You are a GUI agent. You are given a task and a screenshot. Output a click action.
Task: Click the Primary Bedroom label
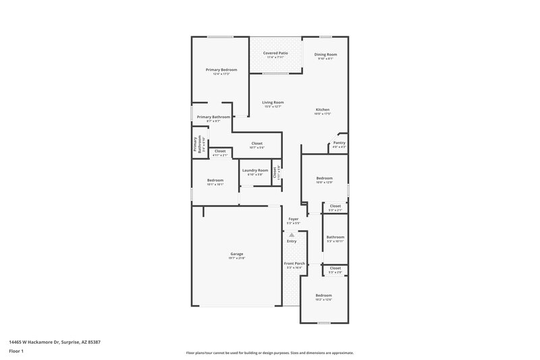[x=221, y=70]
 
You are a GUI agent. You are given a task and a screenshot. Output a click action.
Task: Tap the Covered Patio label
[x=275, y=53]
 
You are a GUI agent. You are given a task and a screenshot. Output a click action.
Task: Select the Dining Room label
[x=326, y=54]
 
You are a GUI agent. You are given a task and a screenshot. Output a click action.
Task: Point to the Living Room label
[x=273, y=102]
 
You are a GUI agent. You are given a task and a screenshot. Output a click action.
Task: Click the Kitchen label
[x=323, y=109]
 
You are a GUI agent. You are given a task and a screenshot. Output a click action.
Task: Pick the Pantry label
[x=339, y=143]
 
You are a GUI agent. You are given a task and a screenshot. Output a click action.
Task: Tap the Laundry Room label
[x=255, y=170]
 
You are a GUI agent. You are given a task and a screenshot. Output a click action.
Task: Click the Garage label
[x=236, y=254]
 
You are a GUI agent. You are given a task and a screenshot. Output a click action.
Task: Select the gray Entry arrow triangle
[x=292, y=234]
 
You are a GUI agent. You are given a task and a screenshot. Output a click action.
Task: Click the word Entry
[x=292, y=241]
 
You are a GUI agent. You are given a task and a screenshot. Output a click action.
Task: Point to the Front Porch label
[x=294, y=263]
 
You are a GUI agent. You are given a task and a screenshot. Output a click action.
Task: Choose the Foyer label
[x=293, y=219]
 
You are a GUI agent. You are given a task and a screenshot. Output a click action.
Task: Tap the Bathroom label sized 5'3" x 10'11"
[x=335, y=237]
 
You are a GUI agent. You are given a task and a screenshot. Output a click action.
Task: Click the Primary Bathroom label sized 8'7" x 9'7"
[x=213, y=117]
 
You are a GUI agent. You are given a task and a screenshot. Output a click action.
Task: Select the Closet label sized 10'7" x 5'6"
[x=256, y=143]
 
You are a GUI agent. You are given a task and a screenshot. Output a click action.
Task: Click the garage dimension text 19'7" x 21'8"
[x=236, y=259]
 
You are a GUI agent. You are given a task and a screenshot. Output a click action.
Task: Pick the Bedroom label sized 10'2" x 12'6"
[x=324, y=295]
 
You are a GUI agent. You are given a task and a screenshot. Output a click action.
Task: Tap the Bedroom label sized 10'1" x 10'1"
[x=215, y=180]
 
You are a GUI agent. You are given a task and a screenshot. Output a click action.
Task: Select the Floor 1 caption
[x=16, y=352]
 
